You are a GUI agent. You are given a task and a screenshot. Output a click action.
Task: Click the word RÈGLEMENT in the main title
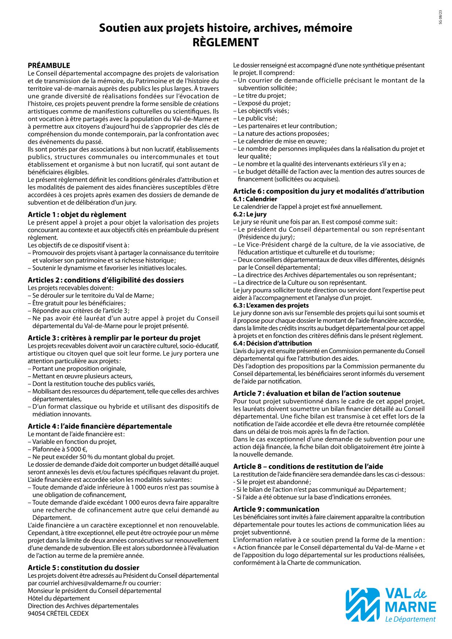pos(226,43)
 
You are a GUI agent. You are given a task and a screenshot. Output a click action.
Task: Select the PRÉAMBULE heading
pos(49,66)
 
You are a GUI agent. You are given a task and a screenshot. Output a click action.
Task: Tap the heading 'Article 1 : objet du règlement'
pos(77,215)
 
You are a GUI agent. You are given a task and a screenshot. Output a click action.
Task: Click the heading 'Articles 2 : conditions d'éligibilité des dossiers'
pos(106,280)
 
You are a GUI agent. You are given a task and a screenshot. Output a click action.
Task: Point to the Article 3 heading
pos(114,338)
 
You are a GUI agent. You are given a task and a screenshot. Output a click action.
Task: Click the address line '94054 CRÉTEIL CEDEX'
pos(58,613)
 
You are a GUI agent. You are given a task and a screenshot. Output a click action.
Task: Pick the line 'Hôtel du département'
pos(59,598)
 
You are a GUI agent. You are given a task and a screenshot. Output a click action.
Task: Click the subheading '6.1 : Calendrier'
pos(255,199)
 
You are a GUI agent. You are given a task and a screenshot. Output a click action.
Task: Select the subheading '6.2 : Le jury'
pos(250,214)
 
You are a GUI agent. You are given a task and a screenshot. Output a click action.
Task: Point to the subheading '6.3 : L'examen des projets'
pos(271,305)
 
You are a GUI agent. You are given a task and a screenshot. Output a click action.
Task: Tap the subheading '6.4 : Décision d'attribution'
pos(272,343)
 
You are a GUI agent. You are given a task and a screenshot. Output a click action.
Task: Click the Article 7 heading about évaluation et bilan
pos(317,393)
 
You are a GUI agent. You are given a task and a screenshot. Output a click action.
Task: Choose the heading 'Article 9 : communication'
pos(276,509)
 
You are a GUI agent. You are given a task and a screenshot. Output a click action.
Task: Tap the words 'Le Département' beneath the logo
pos(410,619)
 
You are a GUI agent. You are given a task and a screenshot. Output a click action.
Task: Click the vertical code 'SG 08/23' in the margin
pos(440,17)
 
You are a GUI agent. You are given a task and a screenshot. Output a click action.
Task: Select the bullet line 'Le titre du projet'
pos(262,96)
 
